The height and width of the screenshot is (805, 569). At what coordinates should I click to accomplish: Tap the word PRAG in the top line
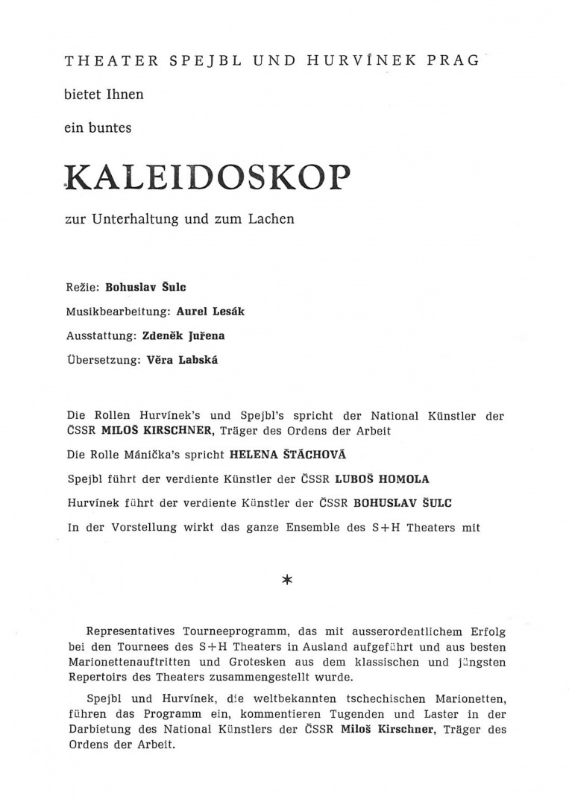[x=453, y=61]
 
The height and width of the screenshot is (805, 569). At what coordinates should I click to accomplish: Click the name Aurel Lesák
[x=210, y=311]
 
